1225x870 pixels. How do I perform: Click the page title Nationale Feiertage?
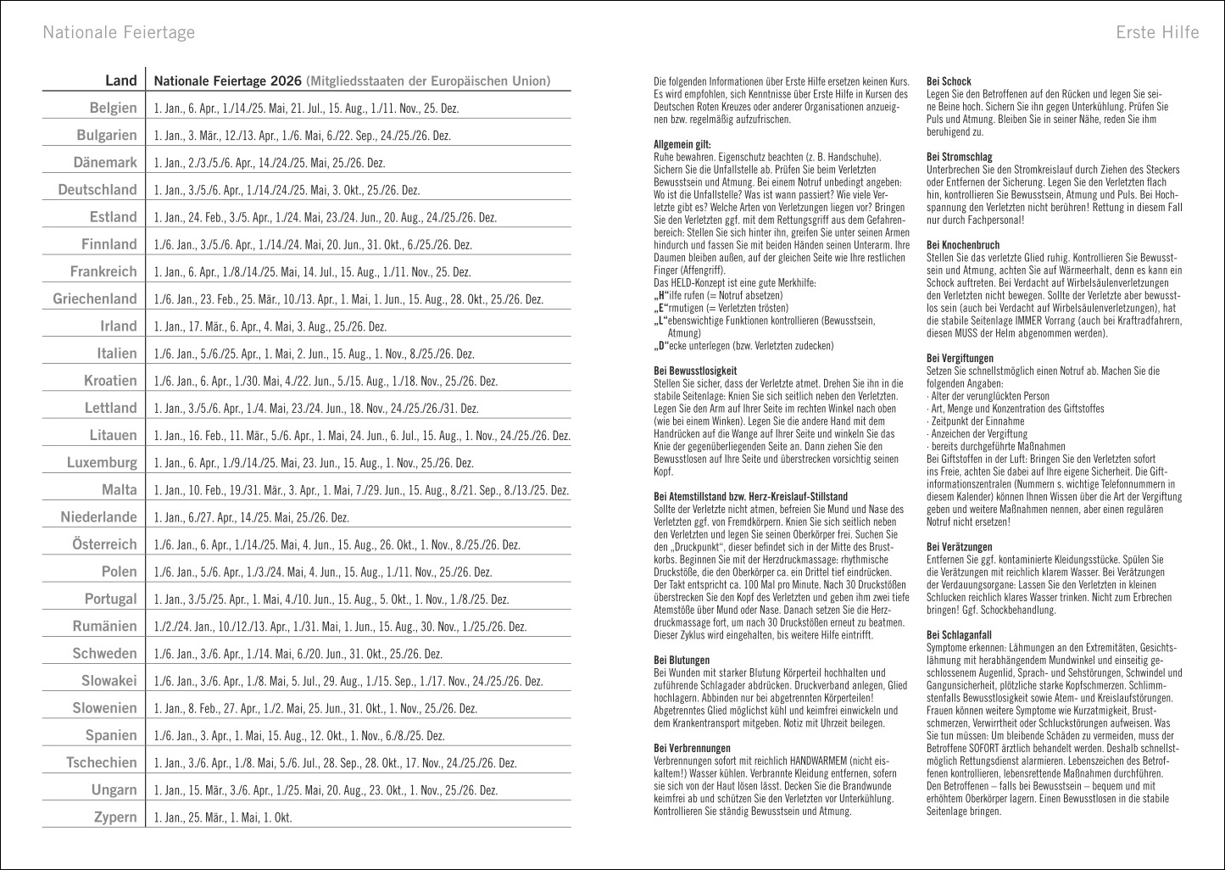pyautogui.click(x=119, y=32)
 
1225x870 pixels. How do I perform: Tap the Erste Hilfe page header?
pyautogui.click(x=1157, y=32)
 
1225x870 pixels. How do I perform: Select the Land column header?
pyautogui.click(x=120, y=81)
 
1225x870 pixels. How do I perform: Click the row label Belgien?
pyautogui.click(x=113, y=108)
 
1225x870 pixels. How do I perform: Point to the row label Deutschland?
pyautogui.click(x=97, y=190)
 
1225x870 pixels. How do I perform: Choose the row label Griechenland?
pyautogui.click(x=94, y=298)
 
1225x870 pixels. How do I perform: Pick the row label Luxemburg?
pyautogui.click(x=102, y=462)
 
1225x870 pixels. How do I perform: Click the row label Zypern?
pyautogui.click(x=114, y=817)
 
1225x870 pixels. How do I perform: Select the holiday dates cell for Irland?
pyautogui.click(x=270, y=326)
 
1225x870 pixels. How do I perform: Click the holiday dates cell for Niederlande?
pyautogui.click(x=251, y=517)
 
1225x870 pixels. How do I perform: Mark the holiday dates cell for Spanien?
pyautogui.click(x=298, y=735)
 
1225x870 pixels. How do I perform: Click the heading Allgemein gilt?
pyautogui.click(x=682, y=145)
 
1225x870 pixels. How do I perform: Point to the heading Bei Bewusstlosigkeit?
pyautogui.click(x=695, y=371)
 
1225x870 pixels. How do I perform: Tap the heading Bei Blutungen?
pyautogui.click(x=682, y=660)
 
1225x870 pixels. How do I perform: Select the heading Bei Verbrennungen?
pyautogui.click(x=692, y=748)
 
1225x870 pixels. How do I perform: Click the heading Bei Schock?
pyautogui.click(x=949, y=81)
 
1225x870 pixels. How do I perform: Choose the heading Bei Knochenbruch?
pyautogui.click(x=963, y=245)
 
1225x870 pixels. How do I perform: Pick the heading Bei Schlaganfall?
pyautogui.click(x=959, y=634)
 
